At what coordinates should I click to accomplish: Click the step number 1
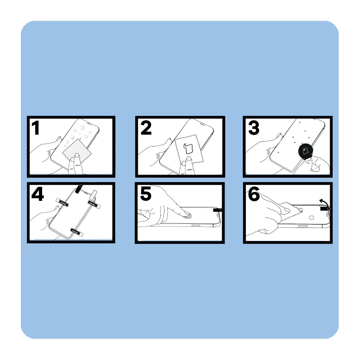click(x=36, y=128)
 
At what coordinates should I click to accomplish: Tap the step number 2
click(x=146, y=128)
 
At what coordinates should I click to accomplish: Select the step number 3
click(x=254, y=128)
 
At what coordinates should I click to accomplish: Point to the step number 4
click(x=37, y=194)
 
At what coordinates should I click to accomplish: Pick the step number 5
click(x=145, y=194)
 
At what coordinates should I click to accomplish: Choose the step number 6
click(x=254, y=194)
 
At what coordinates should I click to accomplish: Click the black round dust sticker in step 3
click(x=306, y=151)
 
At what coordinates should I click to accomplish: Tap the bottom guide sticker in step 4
click(x=77, y=232)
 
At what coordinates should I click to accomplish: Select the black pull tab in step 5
click(x=217, y=210)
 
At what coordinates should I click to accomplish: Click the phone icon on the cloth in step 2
click(x=188, y=149)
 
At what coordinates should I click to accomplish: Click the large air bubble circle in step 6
click(x=311, y=217)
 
